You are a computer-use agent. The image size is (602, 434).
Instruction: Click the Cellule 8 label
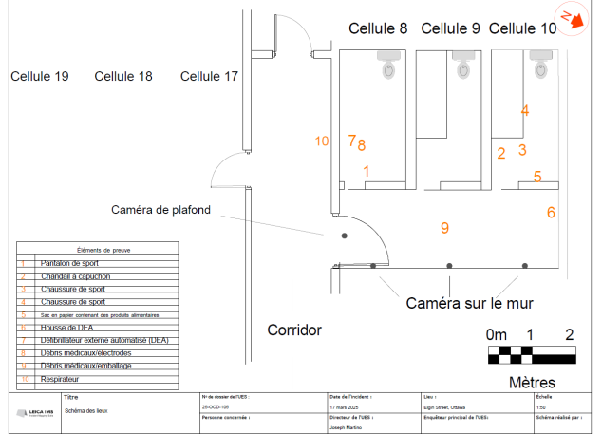(x=378, y=28)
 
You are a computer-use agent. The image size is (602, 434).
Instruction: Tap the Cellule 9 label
(x=450, y=28)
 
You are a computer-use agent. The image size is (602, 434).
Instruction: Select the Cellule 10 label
(x=523, y=28)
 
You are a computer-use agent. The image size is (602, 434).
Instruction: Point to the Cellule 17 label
(x=209, y=76)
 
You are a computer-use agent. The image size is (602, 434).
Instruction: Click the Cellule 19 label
(x=39, y=76)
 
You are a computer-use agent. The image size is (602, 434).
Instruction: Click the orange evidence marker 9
(x=443, y=227)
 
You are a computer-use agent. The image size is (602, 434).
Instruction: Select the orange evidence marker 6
(x=551, y=213)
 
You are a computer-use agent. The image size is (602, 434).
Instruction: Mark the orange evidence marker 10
(x=322, y=141)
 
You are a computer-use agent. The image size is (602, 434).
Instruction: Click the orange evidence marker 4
(x=524, y=110)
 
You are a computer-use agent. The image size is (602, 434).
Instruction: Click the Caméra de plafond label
(x=160, y=210)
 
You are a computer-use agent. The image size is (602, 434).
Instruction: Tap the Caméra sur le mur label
(x=469, y=303)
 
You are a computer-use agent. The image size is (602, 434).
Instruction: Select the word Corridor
(x=294, y=330)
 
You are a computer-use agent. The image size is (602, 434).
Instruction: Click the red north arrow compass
(x=573, y=19)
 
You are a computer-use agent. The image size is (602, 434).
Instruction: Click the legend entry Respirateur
(x=63, y=379)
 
